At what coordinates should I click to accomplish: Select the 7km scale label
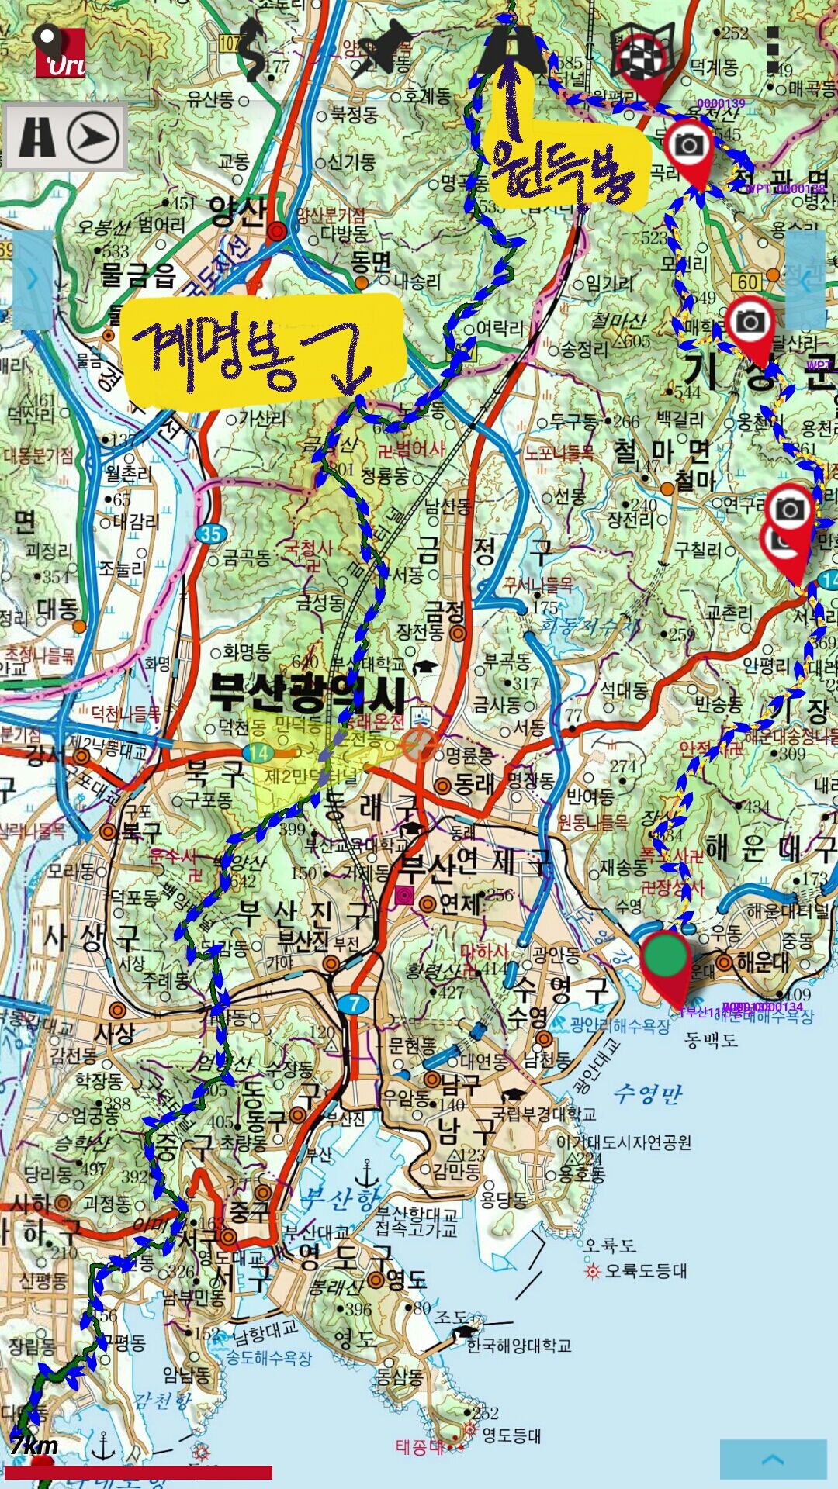point(34,1445)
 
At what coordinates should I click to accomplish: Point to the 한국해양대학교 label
point(519,1344)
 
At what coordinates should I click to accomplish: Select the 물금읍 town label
point(138,275)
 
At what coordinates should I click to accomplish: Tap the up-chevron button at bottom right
point(773,1459)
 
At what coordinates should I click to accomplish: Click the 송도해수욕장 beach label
point(268,1358)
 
